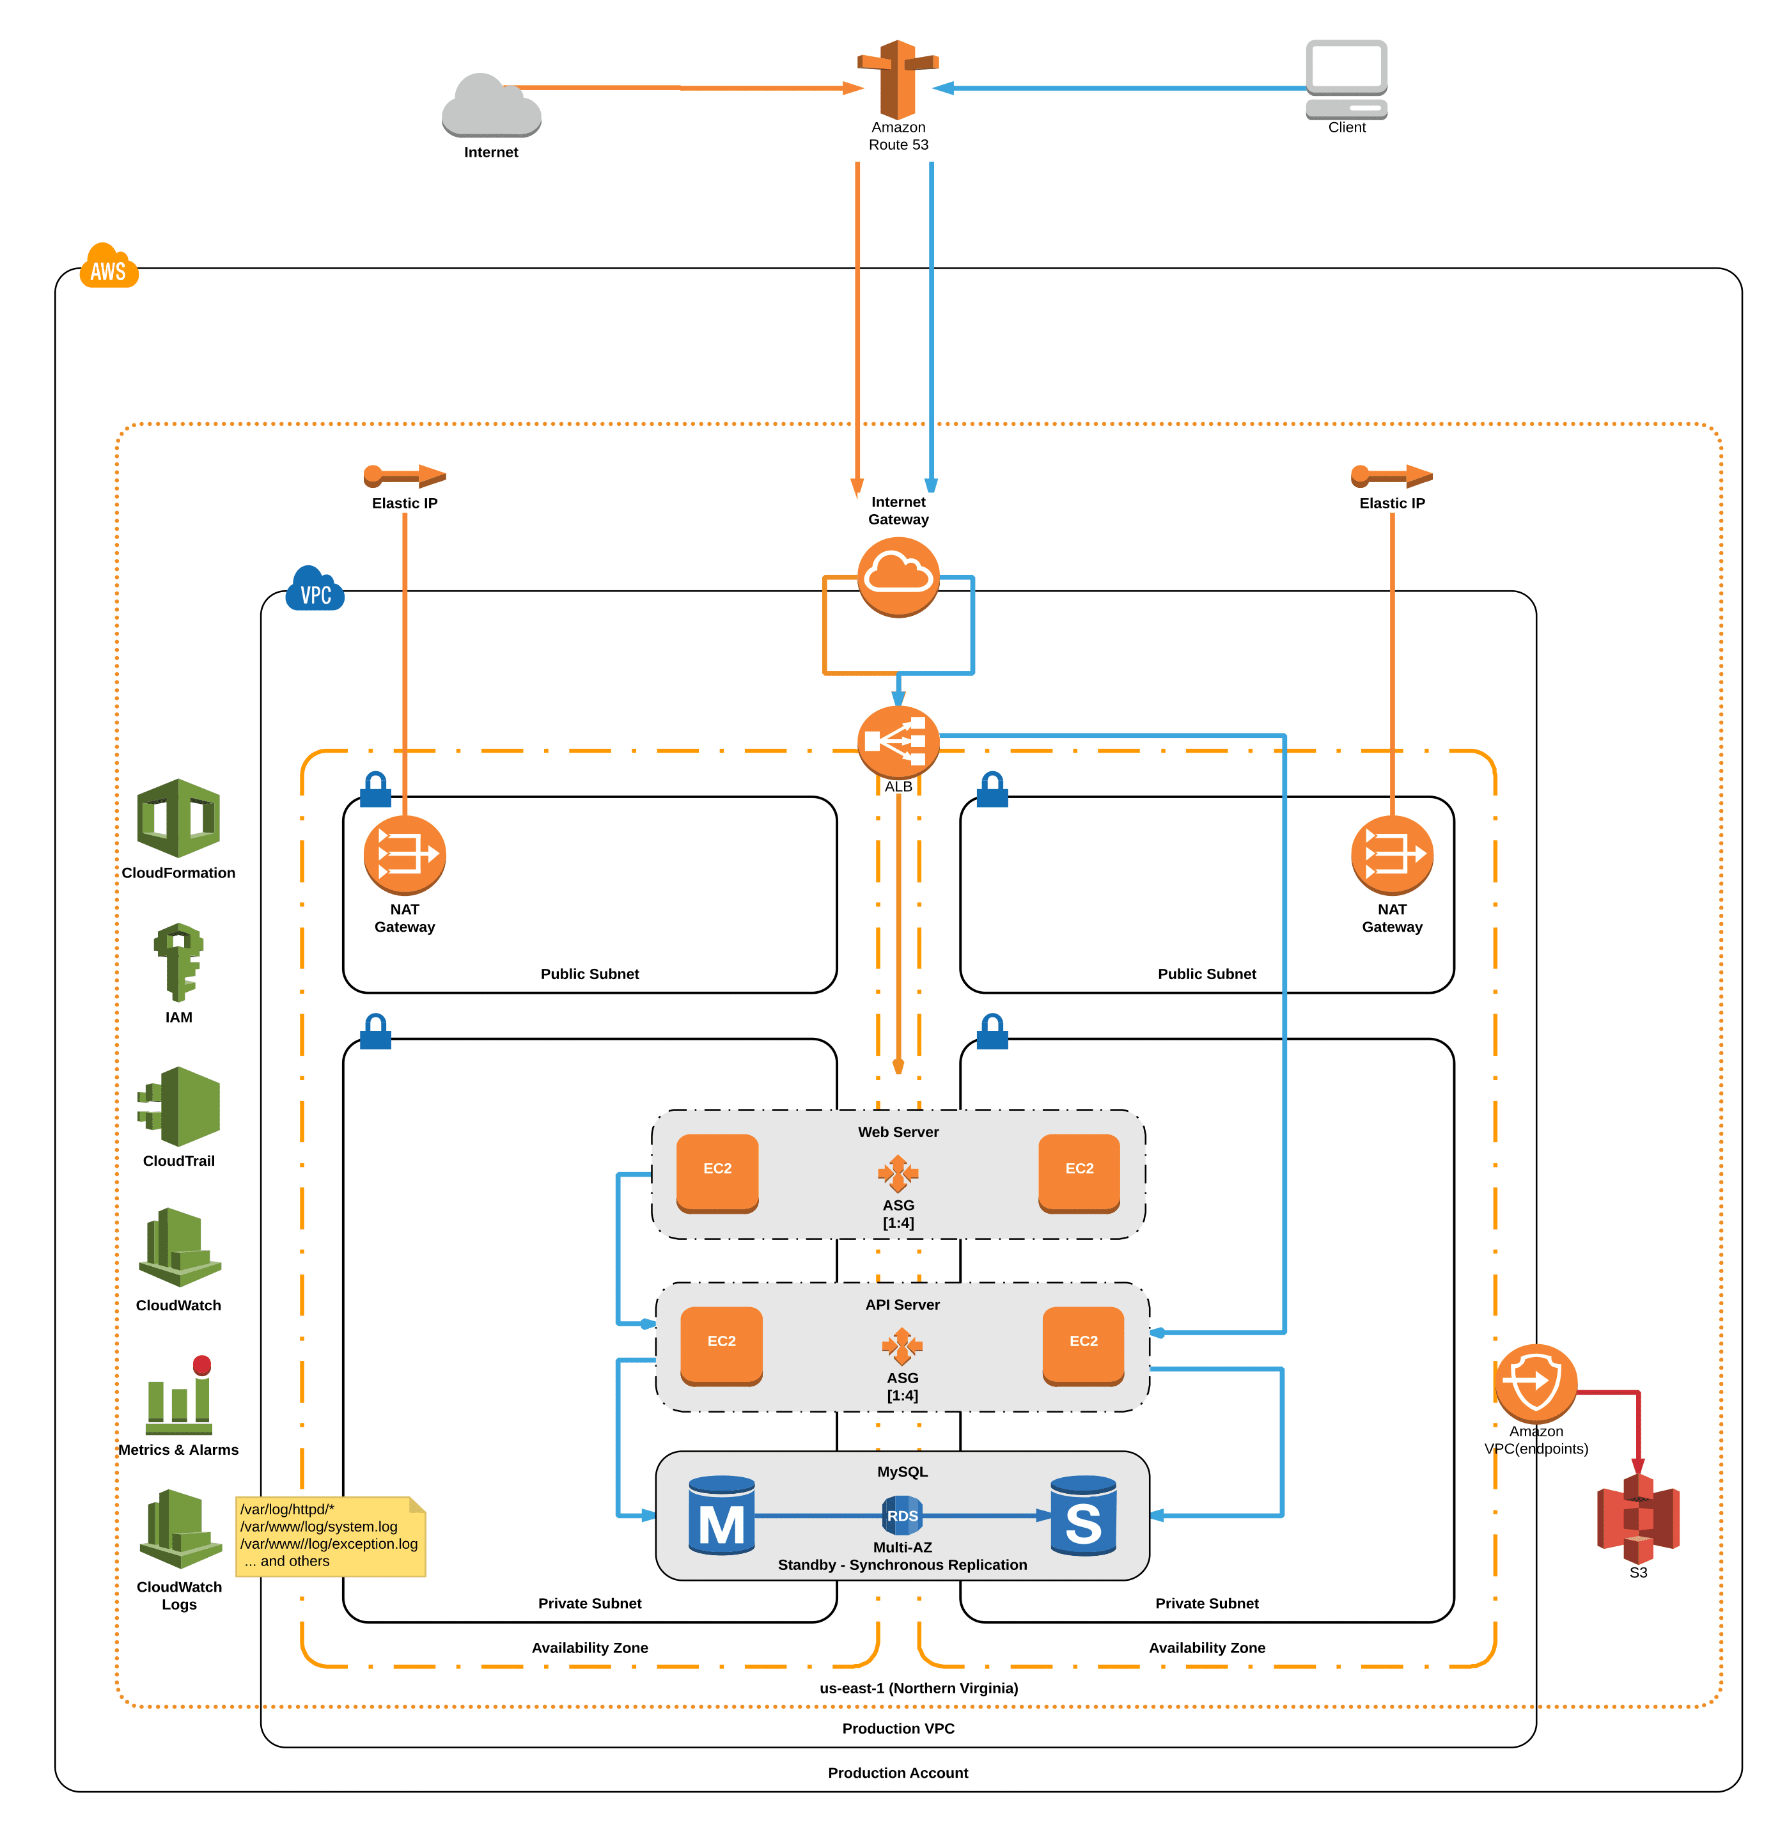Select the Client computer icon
pyautogui.click(x=1347, y=79)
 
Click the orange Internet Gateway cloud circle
pyautogui.click(x=898, y=577)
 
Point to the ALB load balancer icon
pyautogui.click(x=898, y=741)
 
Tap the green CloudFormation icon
pyautogui.click(x=178, y=818)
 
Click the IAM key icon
pyautogui.click(x=178, y=962)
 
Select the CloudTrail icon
pyautogui.click(x=178, y=1106)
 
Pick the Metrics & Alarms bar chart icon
pyautogui.click(x=178, y=1394)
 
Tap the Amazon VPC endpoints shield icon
pyautogui.click(x=1536, y=1384)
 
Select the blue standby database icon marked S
pyautogui.click(x=1084, y=1515)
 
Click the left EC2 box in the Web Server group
pyautogui.click(x=717, y=1173)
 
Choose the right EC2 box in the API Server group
pyautogui.click(x=1084, y=1345)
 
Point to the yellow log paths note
pyautogui.click(x=331, y=1536)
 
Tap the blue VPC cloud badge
pyautogui.click(x=316, y=588)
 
